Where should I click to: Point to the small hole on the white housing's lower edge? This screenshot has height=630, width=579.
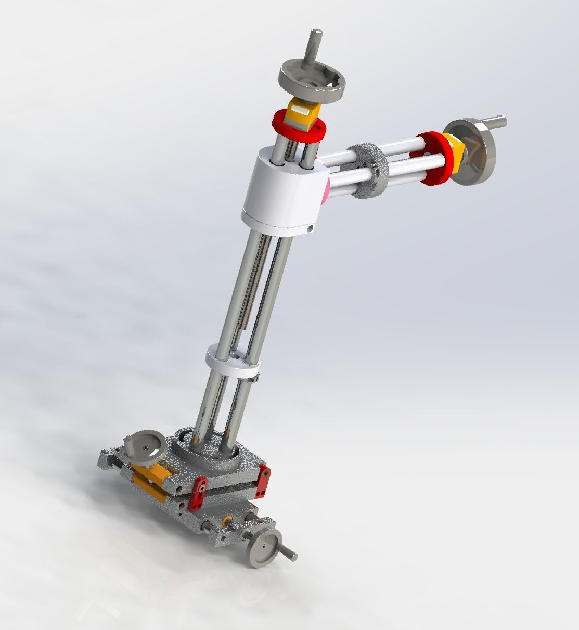(x=310, y=228)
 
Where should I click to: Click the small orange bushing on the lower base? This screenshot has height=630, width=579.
(x=227, y=521)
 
